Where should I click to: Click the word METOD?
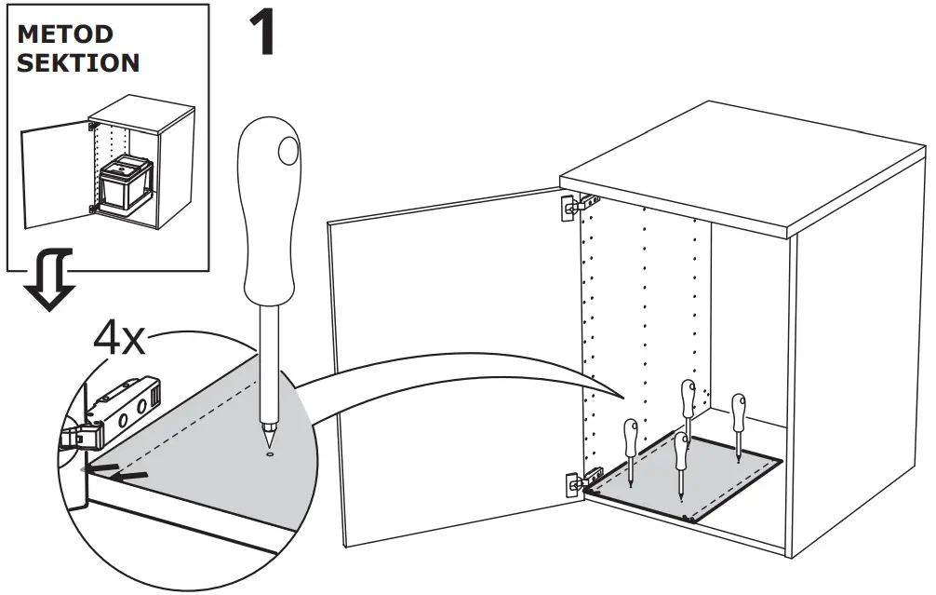click(x=64, y=35)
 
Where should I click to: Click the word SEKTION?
click(x=78, y=64)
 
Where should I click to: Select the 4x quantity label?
click(x=118, y=342)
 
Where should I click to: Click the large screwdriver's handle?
click(x=271, y=214)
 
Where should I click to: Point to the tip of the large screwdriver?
click(x=269, y=439)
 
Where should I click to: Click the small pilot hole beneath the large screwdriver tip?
click(x=269, y=455)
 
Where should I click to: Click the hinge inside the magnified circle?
click(x=116, y=409)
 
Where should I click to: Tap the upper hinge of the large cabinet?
click(x=572, y=206)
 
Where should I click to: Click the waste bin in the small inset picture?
click(x=125, y=187)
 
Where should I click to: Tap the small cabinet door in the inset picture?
click(x=56, y=177)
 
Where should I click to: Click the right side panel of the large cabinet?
click(x=856, y=391)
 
